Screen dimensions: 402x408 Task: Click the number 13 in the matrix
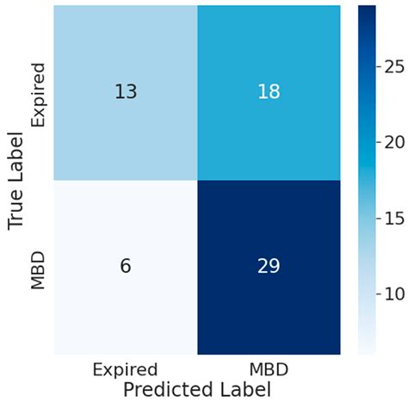(126, 91)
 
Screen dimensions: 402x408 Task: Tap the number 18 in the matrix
(269, 91)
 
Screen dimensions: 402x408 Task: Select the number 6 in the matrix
(126, 267)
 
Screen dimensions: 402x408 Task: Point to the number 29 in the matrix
(269, 267)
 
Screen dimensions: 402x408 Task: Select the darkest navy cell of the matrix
(269, 293)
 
